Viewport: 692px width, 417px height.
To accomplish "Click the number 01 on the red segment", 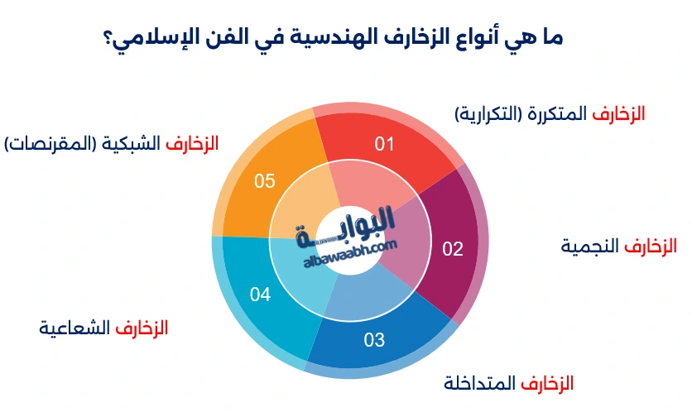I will [x=384, y=145].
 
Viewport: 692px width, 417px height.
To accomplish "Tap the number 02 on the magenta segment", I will [x=452, y=249].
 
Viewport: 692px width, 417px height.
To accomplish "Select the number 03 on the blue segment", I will [x=374, y=339].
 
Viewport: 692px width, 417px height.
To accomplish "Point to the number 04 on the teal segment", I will [x=260, y=295].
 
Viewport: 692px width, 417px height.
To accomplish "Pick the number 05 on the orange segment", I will [x=264, y=181].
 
